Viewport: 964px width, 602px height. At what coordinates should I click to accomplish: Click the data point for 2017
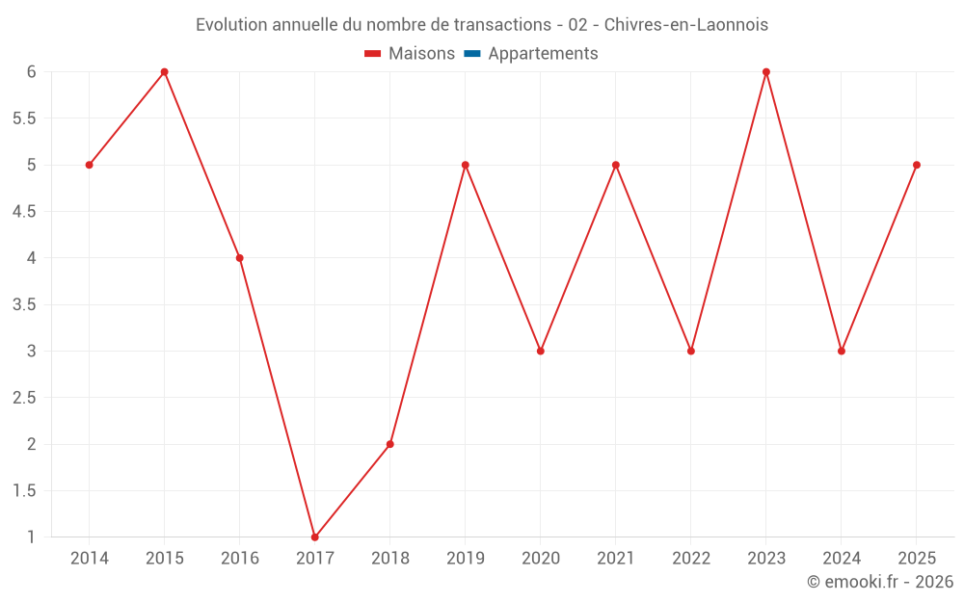tap(315, 537)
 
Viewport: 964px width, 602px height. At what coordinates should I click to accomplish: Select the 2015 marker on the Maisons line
tap(164, 72)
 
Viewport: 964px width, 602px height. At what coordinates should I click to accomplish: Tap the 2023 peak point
tap(766, 72)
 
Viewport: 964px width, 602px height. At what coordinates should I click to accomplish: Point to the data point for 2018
tap(389, 444)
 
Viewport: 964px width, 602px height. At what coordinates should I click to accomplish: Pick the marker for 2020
tap(541, 352)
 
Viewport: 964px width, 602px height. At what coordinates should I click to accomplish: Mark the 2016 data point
tap(240, 258)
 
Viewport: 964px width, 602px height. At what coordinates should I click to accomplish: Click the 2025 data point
tap(917, 166)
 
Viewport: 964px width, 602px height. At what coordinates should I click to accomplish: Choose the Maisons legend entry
tap(410, 53)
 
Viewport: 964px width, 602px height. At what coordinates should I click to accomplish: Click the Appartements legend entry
tap(531, 53)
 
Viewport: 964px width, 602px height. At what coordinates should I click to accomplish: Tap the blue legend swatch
tap(472, 53)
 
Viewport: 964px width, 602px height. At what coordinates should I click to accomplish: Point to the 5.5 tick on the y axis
tap(24, 118)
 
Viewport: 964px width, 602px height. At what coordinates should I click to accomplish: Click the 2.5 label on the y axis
tap(24, 398)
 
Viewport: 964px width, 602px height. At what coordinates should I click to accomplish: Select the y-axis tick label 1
tap(31, 537)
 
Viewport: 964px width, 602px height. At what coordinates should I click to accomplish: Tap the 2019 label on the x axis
tap(466, 559)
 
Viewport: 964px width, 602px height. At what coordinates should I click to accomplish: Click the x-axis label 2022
tap(691, 559)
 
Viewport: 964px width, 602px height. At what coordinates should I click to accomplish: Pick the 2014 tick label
tap(89, 559)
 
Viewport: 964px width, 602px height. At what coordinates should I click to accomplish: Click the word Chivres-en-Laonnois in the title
tap(686, 25)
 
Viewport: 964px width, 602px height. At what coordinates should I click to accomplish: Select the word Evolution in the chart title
tap(231, 25)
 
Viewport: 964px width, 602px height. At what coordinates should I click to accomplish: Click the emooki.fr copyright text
tap(880, 581)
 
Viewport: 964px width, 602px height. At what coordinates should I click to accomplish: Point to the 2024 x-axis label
tap(842, 559)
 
